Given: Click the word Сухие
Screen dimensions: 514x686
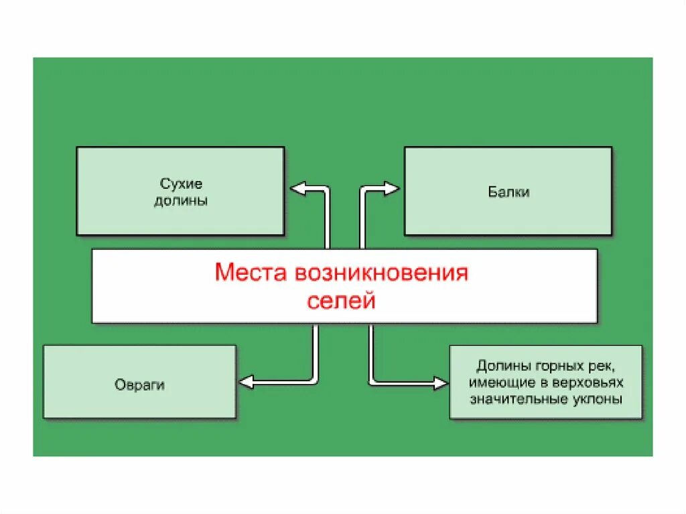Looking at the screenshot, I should click(x=181, y=183).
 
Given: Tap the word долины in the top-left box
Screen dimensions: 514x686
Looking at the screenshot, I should click(x=181, y=200).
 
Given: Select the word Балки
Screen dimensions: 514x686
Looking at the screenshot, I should click(x=508, y=192).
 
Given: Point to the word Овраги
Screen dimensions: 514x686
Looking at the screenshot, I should click(x=139, y=385).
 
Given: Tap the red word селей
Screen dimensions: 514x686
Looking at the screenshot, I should click(x=342, y=301).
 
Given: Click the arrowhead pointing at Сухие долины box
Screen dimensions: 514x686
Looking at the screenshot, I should click(x=297, y=189).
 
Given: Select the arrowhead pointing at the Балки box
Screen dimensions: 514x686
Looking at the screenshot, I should click(x=392, y=189).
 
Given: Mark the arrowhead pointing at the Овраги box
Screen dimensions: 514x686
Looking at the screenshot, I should click(x=246, y=382).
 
